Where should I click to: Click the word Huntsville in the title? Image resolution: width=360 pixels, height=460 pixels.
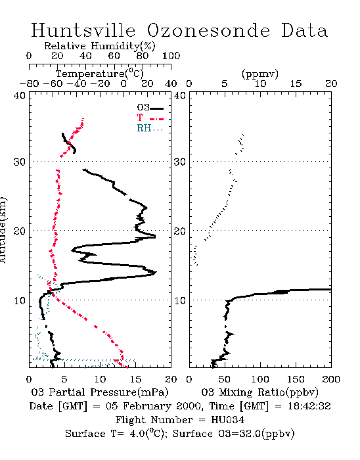tap(83, 30)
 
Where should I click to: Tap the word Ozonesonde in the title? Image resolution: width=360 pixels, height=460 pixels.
tap(208, 30)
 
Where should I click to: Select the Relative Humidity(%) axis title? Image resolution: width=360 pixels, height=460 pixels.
tap(99, 46)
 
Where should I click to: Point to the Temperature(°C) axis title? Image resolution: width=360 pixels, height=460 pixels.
tap(99, 74)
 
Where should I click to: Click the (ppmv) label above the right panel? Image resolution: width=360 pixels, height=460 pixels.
tap(260, 74)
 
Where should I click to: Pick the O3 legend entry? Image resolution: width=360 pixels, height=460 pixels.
tap(150, 108)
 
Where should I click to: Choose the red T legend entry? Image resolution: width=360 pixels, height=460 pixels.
tap(150, 118)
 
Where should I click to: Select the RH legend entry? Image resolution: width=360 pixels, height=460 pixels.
tap(150, 128)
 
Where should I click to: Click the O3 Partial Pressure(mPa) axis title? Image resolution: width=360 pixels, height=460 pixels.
tap(100, 392)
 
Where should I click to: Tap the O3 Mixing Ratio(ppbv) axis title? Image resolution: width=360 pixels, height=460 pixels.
tap(259, 392)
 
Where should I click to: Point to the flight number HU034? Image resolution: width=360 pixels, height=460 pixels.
tap(227, 420)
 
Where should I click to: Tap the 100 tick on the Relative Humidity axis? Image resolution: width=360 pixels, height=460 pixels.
tap(171, 56)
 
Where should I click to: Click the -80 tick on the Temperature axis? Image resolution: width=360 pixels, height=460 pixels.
tap(29, 84)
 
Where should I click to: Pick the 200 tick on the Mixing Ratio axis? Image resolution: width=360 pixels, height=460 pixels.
tap(331, 379)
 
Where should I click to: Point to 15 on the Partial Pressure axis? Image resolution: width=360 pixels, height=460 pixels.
tap(135, 379)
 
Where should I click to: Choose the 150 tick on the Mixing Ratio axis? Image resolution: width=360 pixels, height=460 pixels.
tap(296, 379)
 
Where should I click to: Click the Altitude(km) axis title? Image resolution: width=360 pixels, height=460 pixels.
tap(3, 231)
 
